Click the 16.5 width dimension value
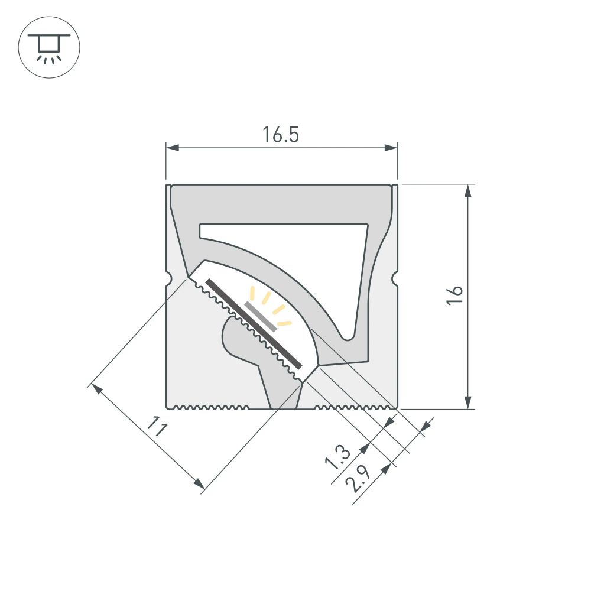click(281, 135)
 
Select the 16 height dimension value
click(454, 295)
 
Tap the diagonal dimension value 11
click(155, 427)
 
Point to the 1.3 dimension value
click(339, 456)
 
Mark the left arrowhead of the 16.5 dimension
click(172, 147)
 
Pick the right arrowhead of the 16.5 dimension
click(391, 147)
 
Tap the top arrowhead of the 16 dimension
click(468, 191)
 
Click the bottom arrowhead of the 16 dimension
click(468, 402)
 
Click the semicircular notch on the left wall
click(168, 277)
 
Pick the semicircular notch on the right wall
click(394, 277)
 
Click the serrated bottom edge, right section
click(355, 407)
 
